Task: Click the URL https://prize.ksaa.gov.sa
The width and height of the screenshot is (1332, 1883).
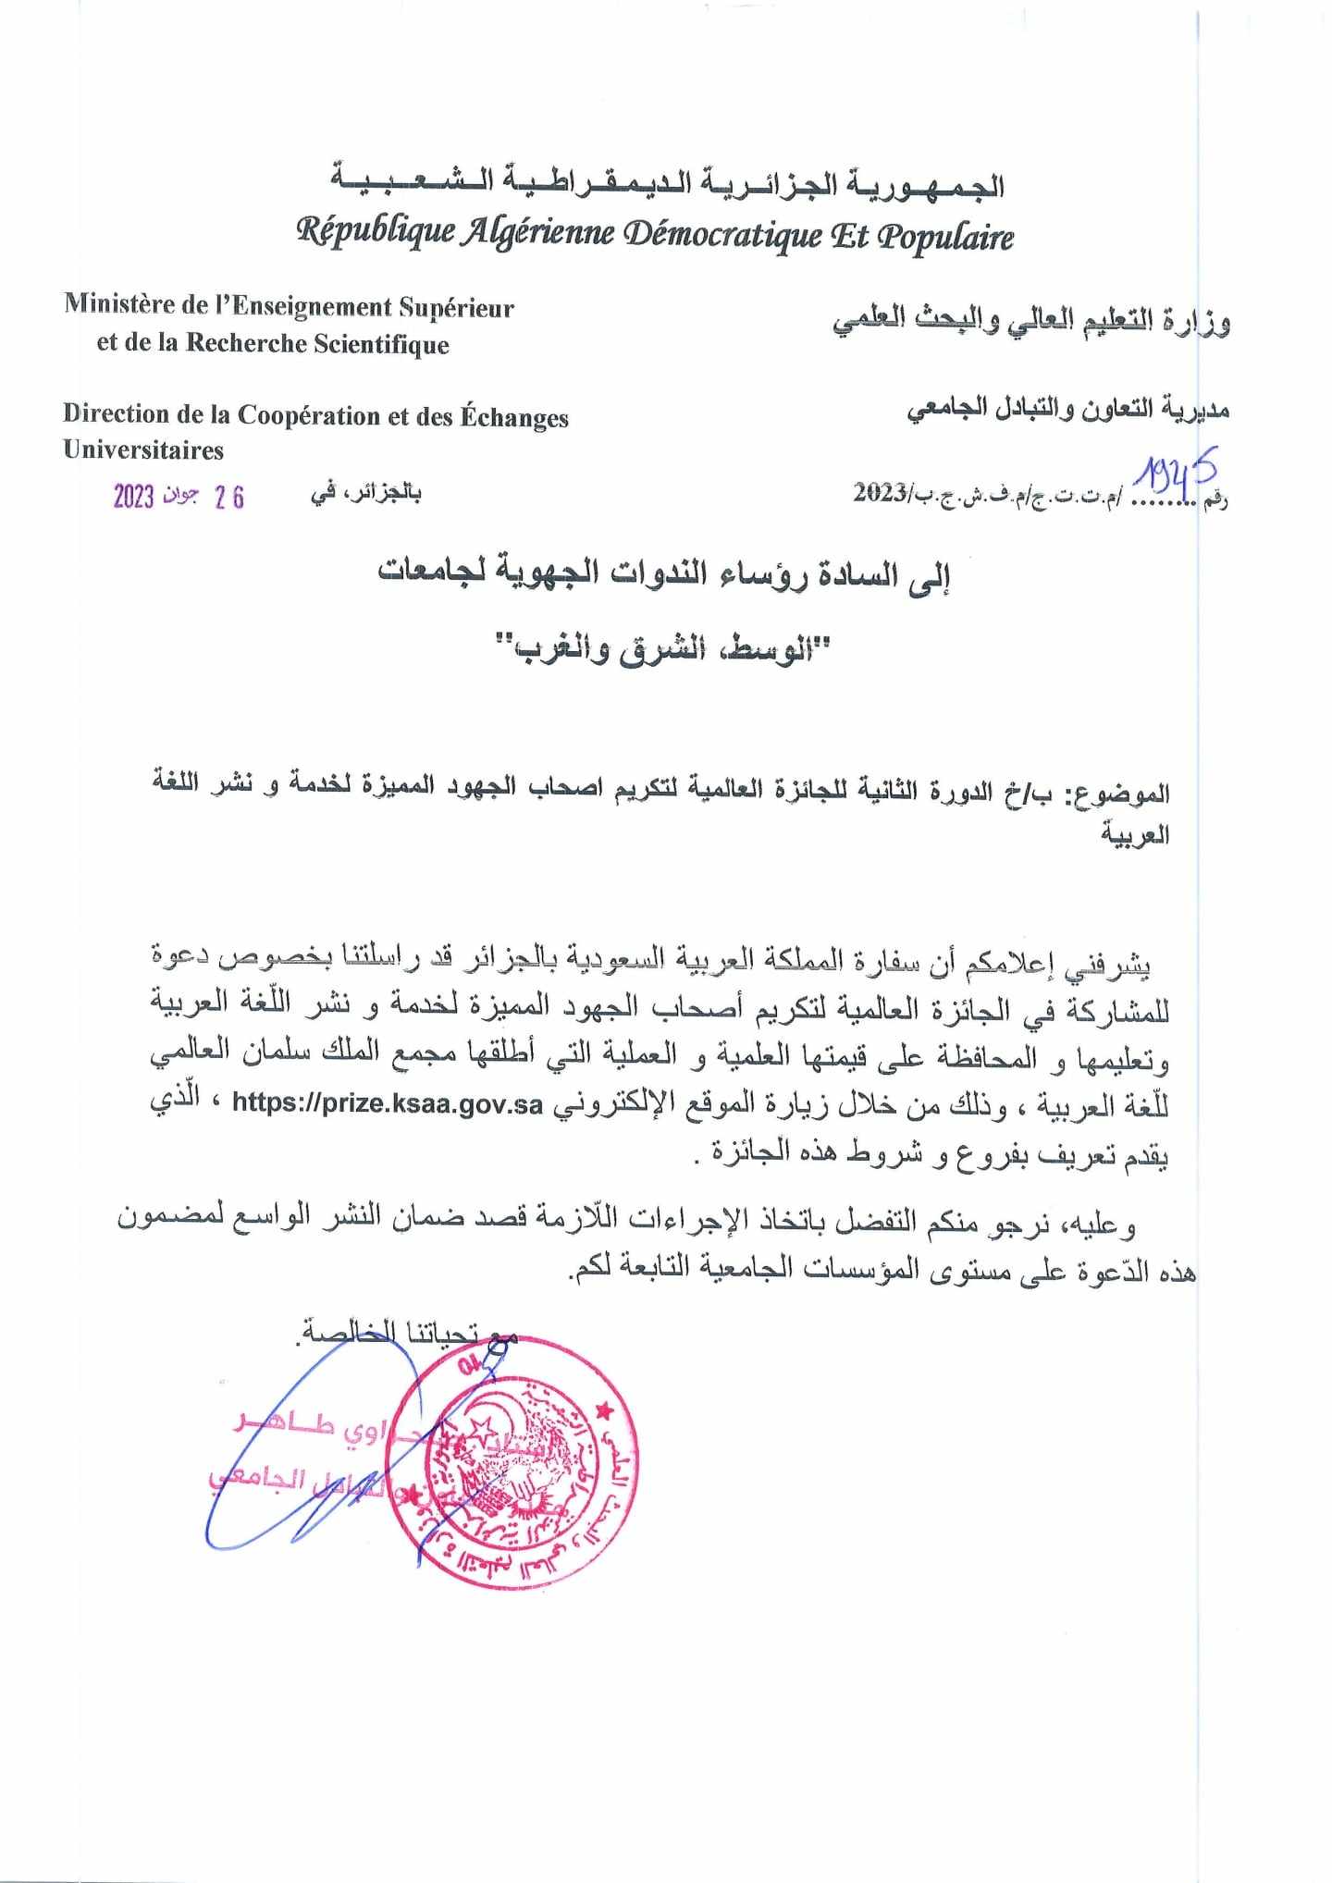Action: pyautogui.click(x=387, y=1102)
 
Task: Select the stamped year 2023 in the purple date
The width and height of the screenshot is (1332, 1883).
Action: pyautogui.click(x=133, y=497)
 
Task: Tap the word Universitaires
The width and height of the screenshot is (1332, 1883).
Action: pyautogui.click(x=143, y=450)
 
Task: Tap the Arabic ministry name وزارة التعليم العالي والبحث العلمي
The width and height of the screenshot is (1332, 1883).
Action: pyautogui.click(x=1031, y=321)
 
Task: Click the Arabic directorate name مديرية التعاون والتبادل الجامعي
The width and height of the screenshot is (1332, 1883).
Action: pyautogui.click(x=1067, y=409)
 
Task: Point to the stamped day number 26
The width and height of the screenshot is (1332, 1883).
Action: pyautogui.click(x=228, y=498)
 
